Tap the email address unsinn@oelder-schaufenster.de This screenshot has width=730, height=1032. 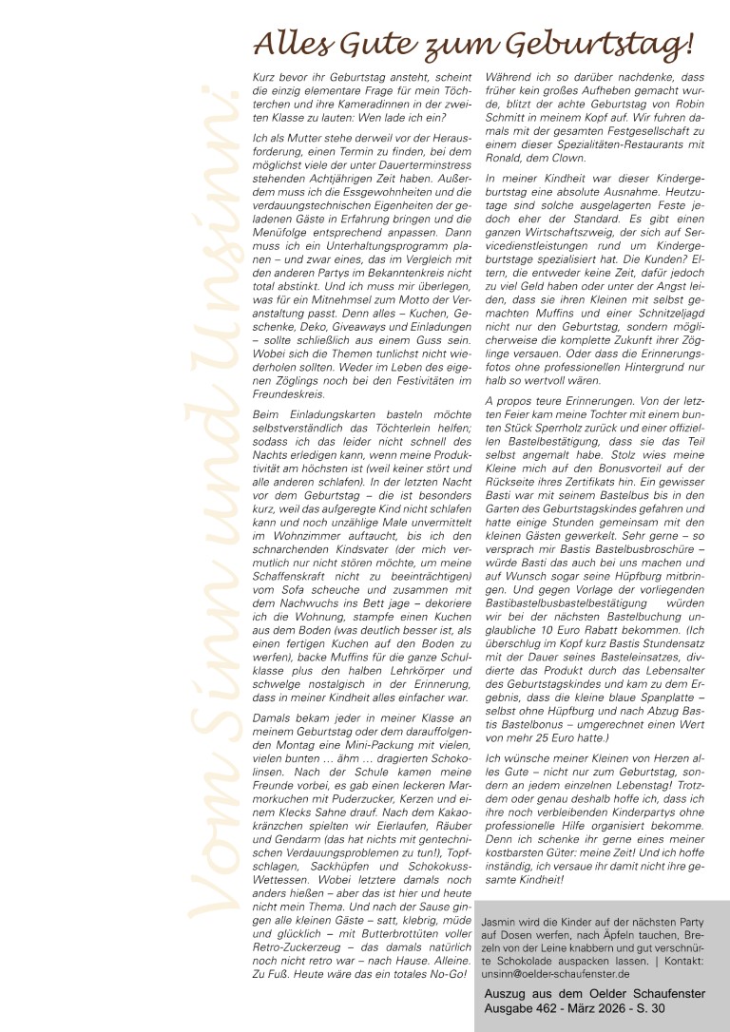(555, 974)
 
